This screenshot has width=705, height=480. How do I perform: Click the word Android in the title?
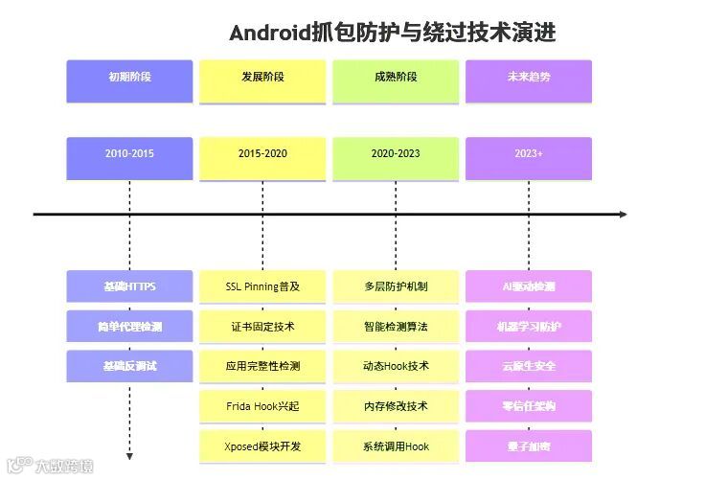[x=269, y=33]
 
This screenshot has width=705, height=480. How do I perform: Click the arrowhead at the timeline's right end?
[x=623, y=214]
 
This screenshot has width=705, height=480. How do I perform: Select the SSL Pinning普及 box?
[x=262, y=286]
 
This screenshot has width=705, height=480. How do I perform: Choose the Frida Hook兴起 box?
[x=262, y=406]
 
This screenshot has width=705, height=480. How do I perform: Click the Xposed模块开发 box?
[x=262, y=446]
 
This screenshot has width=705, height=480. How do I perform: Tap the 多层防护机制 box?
[x=396, y=286]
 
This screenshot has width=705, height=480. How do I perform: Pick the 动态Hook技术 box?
[x=396, y=366]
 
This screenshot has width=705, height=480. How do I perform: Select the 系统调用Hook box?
[x=396, y=446]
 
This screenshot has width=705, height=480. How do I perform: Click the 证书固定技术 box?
[x=262, y=327]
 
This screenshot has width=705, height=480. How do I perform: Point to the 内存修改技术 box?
[x=396, y=406]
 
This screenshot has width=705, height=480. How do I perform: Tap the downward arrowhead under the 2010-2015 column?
[x=129, y=456]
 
